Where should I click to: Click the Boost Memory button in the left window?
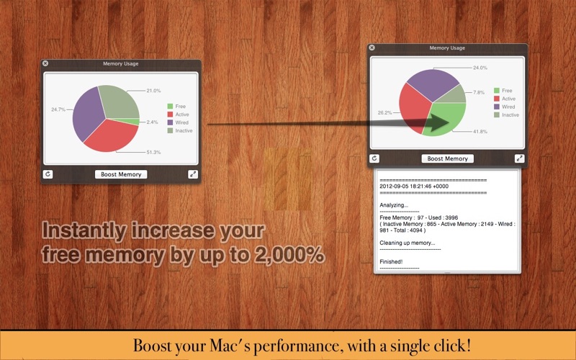[x=121, y=174]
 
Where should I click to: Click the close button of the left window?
[x=45, y=63]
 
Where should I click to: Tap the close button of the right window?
[x=372, y=48]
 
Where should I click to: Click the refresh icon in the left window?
[x=48, y=174]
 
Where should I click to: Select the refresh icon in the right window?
[x=374, y=158]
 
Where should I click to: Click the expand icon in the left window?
[x=193, y=174]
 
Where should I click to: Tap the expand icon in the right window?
[x=519, y=158]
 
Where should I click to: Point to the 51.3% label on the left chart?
[x=153, y=152]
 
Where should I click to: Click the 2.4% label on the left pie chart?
[x=152, y=122]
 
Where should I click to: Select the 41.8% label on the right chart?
[x=480, y=132]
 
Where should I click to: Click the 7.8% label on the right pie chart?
[x=479, y=92]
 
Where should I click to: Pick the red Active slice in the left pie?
[x=111, y=136]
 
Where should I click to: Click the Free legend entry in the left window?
[x=176, y=106]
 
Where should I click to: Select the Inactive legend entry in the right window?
[x=507, y=115]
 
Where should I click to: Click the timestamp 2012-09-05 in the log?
[x=394, y=186]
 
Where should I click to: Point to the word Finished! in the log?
[x=391, y=261]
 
